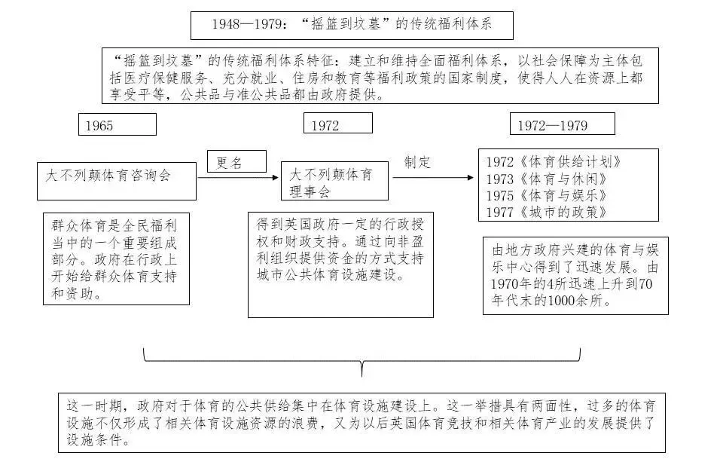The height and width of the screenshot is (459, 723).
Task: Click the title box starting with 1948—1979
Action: pos(352,25)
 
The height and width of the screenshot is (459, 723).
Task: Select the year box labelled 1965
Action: pos(117,124)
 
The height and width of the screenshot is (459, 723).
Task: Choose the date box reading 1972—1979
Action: pos(561,124)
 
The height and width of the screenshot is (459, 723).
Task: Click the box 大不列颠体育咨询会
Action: pos(117,180)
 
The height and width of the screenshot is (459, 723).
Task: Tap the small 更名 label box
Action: pos(236,162)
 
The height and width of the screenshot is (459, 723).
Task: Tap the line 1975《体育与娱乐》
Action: pos(547,195)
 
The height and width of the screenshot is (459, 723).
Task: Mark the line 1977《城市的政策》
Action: pos(547,212)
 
